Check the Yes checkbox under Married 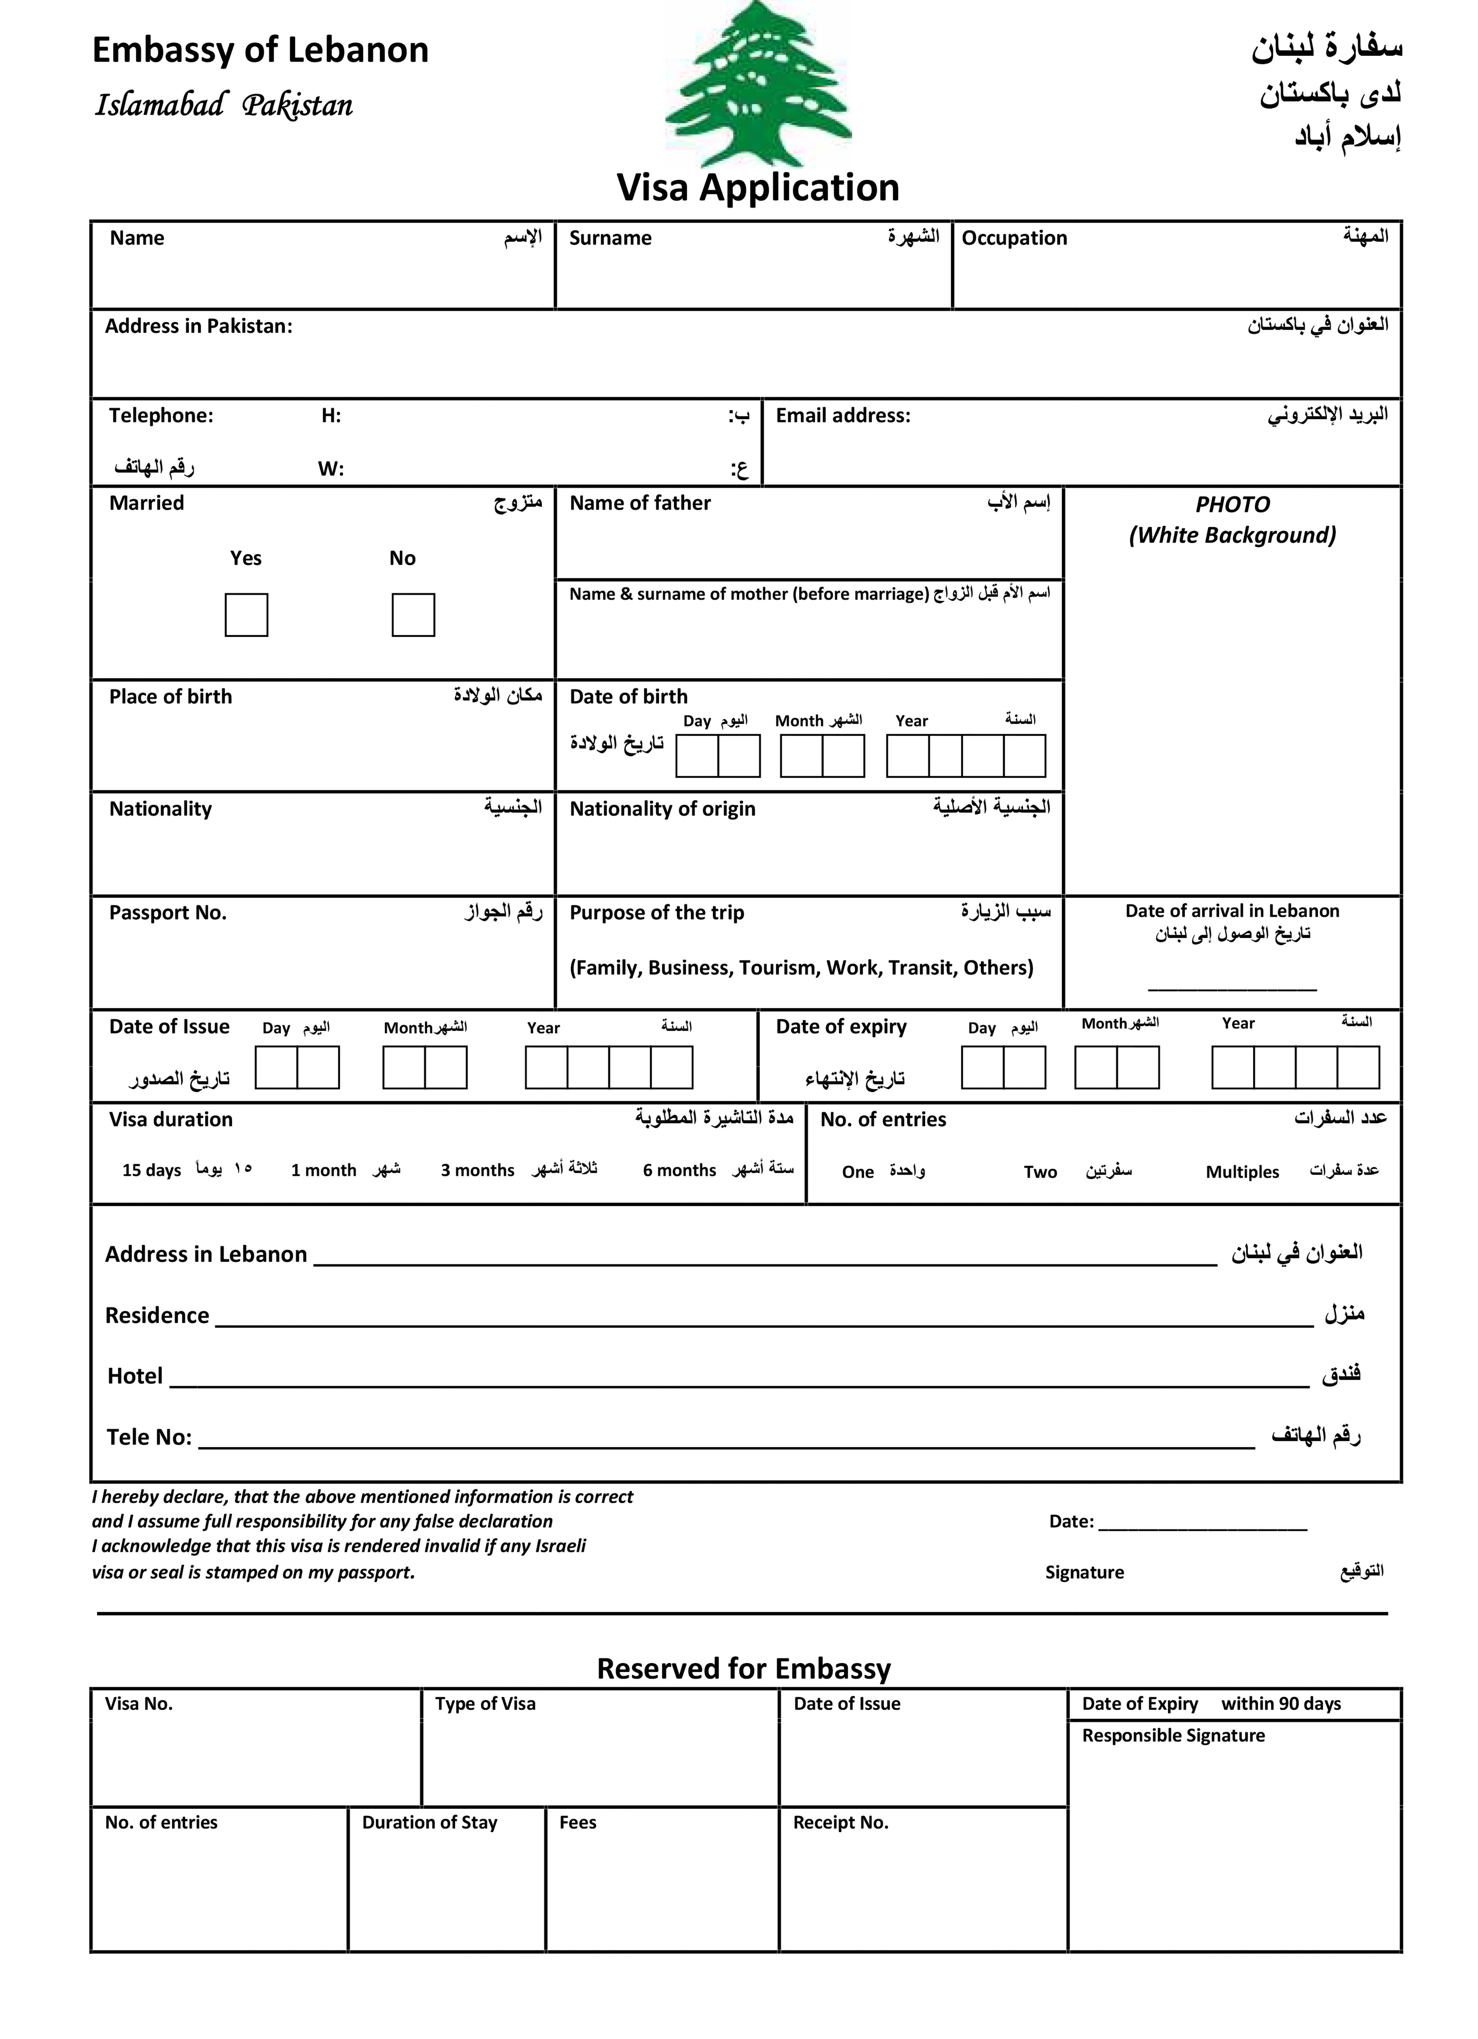coord(246,615)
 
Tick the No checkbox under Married coord(413,615)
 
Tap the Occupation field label coord(1014,238)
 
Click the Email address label coord(842,415)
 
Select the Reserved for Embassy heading coord(743,1669)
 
